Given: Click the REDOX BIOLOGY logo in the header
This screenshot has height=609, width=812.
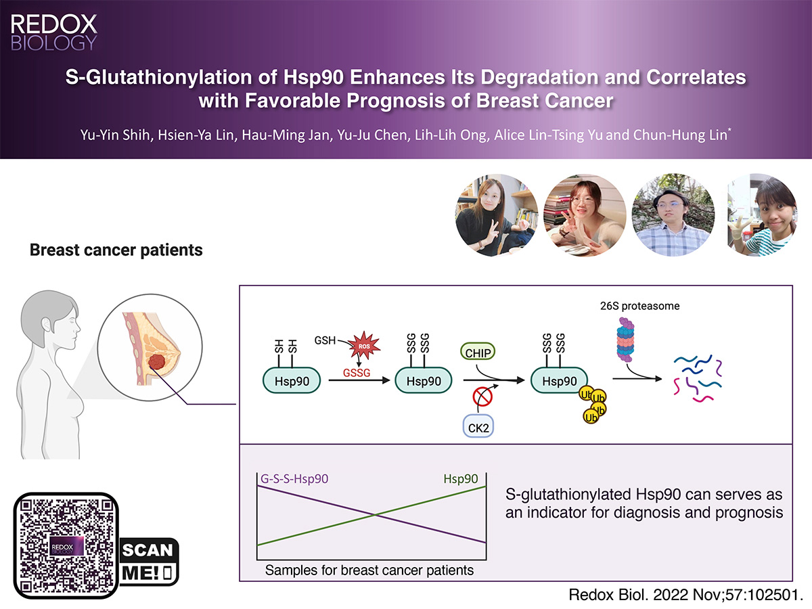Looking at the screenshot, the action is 53,32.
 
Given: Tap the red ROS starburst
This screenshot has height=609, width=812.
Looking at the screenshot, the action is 364,345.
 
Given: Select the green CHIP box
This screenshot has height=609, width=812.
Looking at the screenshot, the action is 478,352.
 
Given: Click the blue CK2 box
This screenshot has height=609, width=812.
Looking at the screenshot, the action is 478,426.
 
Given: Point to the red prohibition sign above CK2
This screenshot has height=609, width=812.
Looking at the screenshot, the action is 482,397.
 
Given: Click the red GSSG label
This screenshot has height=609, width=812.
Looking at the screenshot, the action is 357,373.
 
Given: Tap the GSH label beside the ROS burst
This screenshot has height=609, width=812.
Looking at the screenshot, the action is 325,340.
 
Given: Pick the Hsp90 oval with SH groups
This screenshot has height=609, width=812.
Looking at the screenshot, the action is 292,380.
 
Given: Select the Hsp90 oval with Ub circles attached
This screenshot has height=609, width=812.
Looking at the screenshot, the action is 559,380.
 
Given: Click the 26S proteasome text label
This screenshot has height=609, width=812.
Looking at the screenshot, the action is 639,306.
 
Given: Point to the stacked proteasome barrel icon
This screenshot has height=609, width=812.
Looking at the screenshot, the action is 625,340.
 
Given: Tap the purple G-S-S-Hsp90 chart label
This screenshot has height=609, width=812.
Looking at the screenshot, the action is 294,479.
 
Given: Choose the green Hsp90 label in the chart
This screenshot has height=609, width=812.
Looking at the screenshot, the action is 461,479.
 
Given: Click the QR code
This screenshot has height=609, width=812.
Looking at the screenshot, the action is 66,545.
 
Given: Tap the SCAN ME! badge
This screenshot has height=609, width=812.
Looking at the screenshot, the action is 148,562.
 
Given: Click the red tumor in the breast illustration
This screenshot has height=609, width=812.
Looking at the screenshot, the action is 157,361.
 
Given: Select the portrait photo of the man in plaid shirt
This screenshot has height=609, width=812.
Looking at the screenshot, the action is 673,215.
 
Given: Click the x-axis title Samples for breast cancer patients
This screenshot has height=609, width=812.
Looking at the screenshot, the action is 369,570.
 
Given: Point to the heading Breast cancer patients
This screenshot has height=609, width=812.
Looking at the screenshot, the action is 116,250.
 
